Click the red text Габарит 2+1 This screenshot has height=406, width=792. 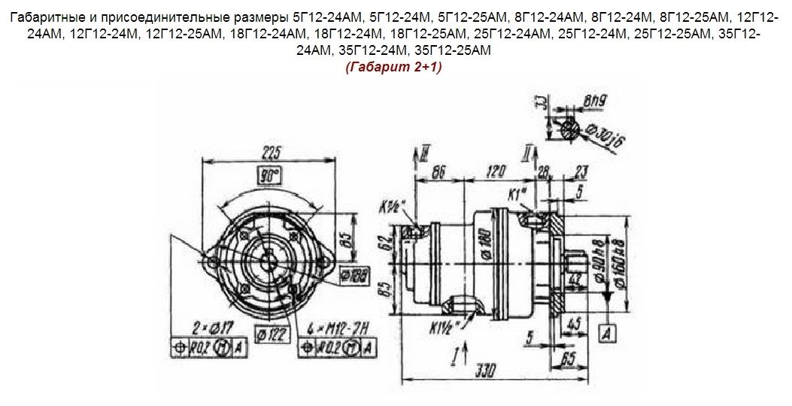click(394, 68)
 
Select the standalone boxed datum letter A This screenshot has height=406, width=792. click(610, 331)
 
